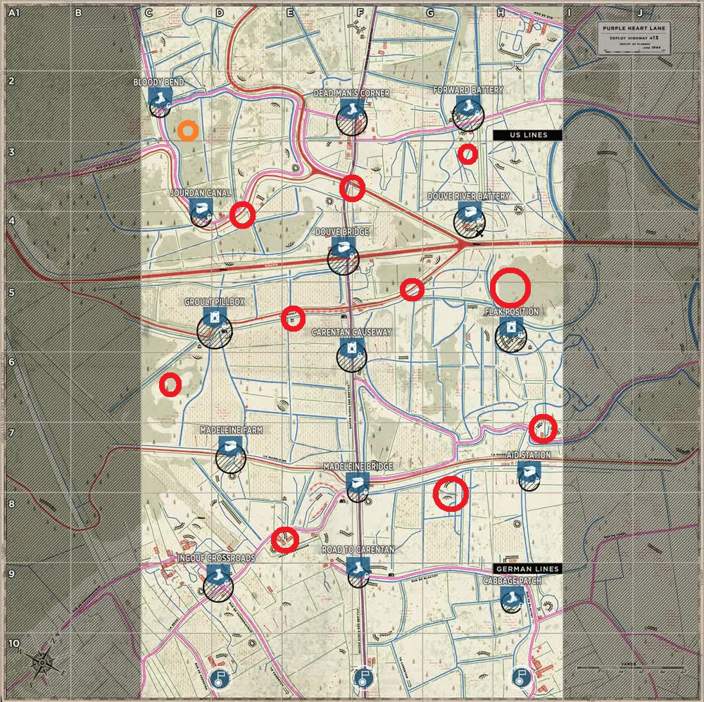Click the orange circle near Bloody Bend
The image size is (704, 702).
pyautogui.click(x=187, y=131)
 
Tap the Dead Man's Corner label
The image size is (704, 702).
pyautogui.click(x=351, y=93)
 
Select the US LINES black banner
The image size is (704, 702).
pyautogui.click(x=527, y=135)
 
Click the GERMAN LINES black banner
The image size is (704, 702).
pyautogui.click(x=527, y=569)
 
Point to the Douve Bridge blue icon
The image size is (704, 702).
pyautogui.click(x=343, y=247)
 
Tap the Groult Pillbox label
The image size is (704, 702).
pyautogui.click(x=214, y=301)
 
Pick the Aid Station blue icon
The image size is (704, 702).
pyautogui.click(x=528, y=471)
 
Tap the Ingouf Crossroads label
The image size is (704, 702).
pyautogui.click(x=216, y=558)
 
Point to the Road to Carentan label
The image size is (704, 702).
pyautogui.click(x=358, y=549)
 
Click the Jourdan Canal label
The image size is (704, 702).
pyautogui.click(x=201, y=192)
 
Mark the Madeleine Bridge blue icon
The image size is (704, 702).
pyautogui.click(x=358, y=482)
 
